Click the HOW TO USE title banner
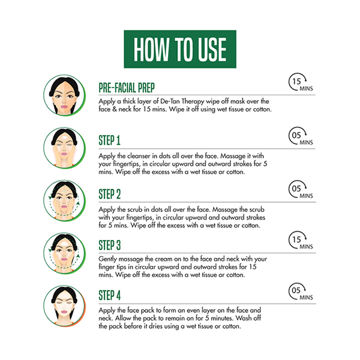tap(180, 49)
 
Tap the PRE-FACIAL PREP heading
tap(127, 88)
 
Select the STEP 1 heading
tap(110, 140)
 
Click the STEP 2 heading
tap(110, 194)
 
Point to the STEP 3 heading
tap(110, 245)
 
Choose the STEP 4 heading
tap(110, 295)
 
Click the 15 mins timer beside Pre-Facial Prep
tap(301, 82)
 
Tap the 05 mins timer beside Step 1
tap(301, 136)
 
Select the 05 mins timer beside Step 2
tap(301, 190)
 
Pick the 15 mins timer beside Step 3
tap(301, 241)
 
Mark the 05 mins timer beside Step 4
tap(301, 292)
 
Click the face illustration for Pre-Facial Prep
tap(65, 95)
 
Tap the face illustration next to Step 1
tap(65, 148)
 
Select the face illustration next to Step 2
tap(65, 200)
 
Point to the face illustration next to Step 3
tap(65, 253)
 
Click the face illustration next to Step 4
tap(65, 306)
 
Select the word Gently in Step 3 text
tap(107, 259)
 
